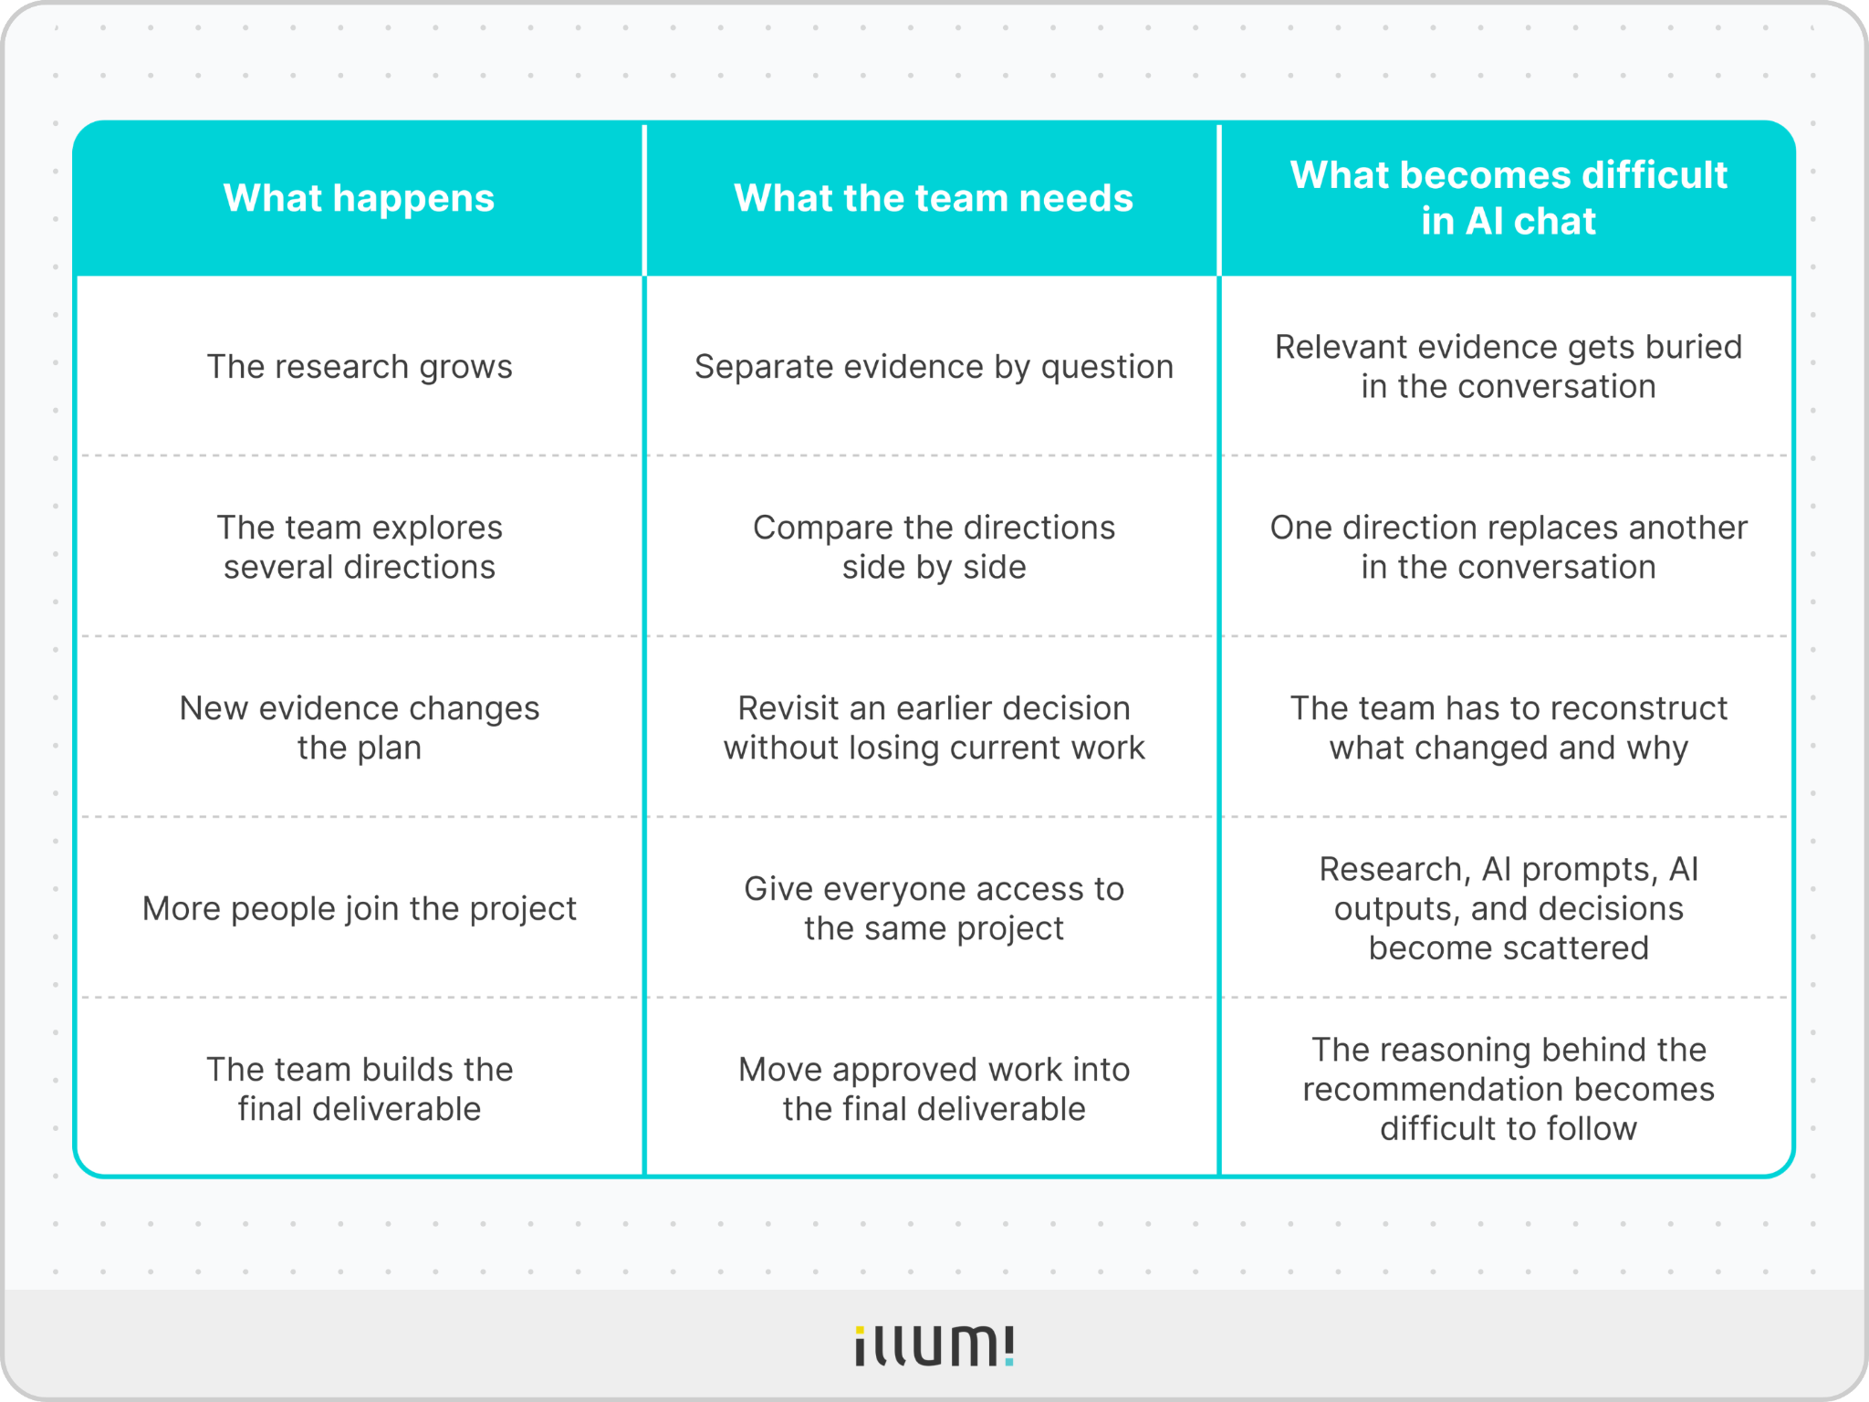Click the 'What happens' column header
coord(359,198)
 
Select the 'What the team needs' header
coord(934,198)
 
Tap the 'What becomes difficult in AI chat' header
coord(1509,198)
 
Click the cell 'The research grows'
coord(360,367)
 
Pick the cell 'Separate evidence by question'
coord(934,367)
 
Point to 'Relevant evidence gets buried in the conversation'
coord(1509,367)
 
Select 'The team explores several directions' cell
coord(360,548)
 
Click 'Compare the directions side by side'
coord(934,548)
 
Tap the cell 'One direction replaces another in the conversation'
coord(1509,548)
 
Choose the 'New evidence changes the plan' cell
coord(360,727)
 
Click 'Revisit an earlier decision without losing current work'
coord(934,727)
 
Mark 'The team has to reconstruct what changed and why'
coord(1509,727)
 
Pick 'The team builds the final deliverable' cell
coord(360,1089)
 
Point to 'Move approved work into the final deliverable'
coord(934,1089)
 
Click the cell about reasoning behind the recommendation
coord(1509,1089)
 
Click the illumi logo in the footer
coord(934,1346)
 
